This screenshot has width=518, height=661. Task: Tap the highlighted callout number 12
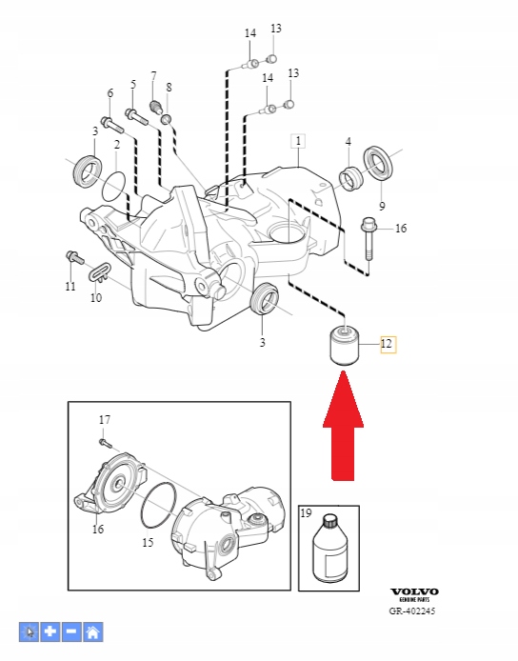pyautogui.click(x=388, y=345)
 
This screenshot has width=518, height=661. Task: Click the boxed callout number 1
pyautogui.click(x=298, y=142)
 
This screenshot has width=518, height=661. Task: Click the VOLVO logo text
pyautogui.click(x=415, y=591)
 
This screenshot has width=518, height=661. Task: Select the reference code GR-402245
pyautogui.click(x=412, y=611)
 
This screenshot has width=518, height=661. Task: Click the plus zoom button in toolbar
pyautogui.click(x=50, y=631)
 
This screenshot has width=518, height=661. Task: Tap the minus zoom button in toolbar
pyautogui.click(x=71, y=631)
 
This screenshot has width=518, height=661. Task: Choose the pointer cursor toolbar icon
pyautogui.click(x=30, y=631)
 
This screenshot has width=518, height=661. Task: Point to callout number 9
pyautogui.click(x=382, y=205)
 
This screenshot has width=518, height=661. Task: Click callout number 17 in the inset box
pyautogui.click(x=105, y=419)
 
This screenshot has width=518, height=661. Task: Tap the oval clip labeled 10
pyautogui.click(x=101, y=274)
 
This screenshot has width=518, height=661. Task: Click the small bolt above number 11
pyautogui.click(x=71, y=256)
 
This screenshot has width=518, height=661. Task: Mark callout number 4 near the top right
pyautogui.click(x=349, y=143)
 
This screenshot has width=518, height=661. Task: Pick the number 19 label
pyautogui.click(x=307, y=513)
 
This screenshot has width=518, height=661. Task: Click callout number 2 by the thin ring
pyautogui.click(x=116, y=144)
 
